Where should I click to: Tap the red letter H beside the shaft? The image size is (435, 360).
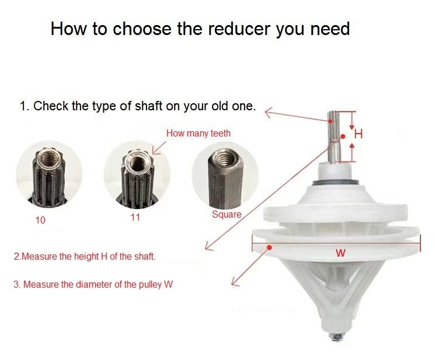coord(359,134)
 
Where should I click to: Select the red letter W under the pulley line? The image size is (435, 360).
coord(340,253)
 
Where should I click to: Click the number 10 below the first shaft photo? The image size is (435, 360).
coord(40,220)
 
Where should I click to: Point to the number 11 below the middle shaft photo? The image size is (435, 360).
coord(135,217)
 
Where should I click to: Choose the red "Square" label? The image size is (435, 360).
coord(227,214)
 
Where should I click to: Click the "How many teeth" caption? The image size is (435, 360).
coord(199,133)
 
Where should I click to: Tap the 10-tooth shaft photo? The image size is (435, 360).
coord(49,173)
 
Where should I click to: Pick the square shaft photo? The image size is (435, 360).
coord(225,175)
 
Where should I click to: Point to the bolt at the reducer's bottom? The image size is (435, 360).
coord(337,337)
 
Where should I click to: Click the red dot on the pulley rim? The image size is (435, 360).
coord(269,247)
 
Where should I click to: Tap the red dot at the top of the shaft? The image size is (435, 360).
coord(330,121)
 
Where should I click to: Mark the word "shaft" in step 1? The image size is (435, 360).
coord(149,106)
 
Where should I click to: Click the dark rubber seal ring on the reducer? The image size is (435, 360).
coord(335,183)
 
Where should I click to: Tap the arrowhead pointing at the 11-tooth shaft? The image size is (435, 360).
coord(155,151)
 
